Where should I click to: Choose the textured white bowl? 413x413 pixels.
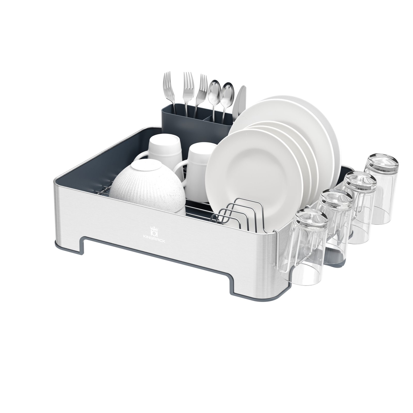147,186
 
